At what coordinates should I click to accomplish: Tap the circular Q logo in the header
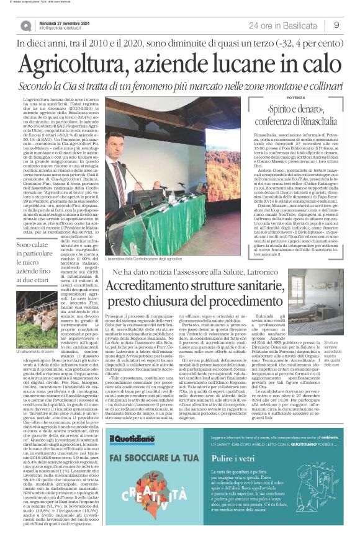point(26,26)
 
